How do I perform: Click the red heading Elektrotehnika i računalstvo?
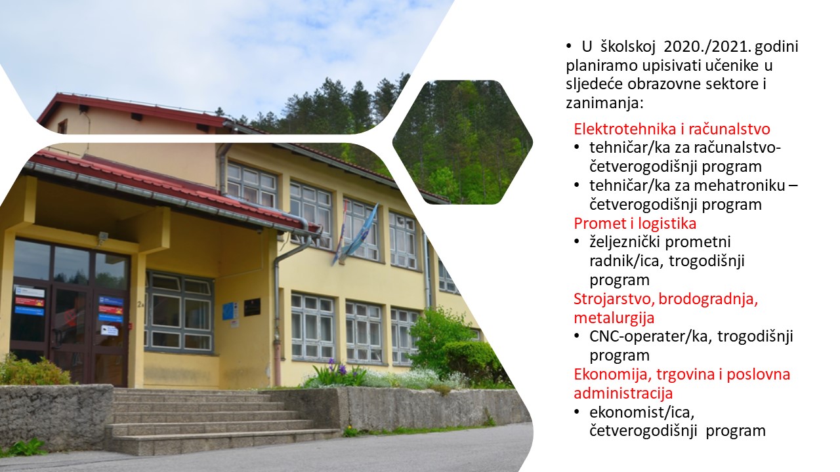(x=671, y=129)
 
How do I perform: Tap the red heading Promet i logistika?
(x=635, y=224)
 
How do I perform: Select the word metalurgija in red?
(x=614, y=318)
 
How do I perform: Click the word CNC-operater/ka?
(x=650, y=336)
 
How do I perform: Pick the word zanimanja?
(x=604, y=103)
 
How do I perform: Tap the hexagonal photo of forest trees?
(x=463, y=142)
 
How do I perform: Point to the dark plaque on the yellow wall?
(x=252, y=307)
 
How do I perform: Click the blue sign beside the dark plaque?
(x=230, y=311)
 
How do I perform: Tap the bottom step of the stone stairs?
(x=225, y=444)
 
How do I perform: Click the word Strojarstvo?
(x=615, y=299)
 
